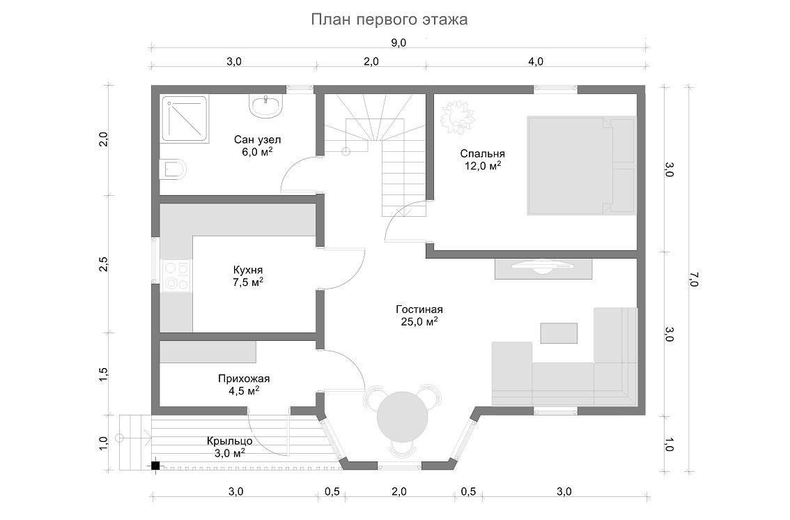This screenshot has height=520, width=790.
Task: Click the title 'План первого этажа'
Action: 389,20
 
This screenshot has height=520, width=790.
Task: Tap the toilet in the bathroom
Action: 172,170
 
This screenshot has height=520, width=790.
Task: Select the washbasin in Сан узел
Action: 265,107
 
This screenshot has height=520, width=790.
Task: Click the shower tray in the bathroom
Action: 185,119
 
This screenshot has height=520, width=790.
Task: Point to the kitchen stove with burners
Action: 176,276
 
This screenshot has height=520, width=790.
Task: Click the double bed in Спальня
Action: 581,165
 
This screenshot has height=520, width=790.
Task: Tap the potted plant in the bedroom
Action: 458,118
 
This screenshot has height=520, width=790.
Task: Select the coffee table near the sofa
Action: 559,333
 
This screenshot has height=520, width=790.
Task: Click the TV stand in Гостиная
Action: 543,268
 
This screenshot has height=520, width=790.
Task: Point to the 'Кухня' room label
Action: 248,270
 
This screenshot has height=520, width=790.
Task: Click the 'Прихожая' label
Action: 244,378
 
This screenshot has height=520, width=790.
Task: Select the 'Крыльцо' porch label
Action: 230,441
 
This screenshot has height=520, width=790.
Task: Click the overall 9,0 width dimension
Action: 398,43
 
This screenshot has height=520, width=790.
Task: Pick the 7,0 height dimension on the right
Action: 694,279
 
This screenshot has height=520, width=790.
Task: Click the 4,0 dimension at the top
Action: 536,61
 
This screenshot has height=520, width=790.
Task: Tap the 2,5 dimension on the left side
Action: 103,264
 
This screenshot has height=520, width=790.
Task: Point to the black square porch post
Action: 155,466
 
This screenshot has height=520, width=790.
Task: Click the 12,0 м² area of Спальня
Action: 483,165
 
